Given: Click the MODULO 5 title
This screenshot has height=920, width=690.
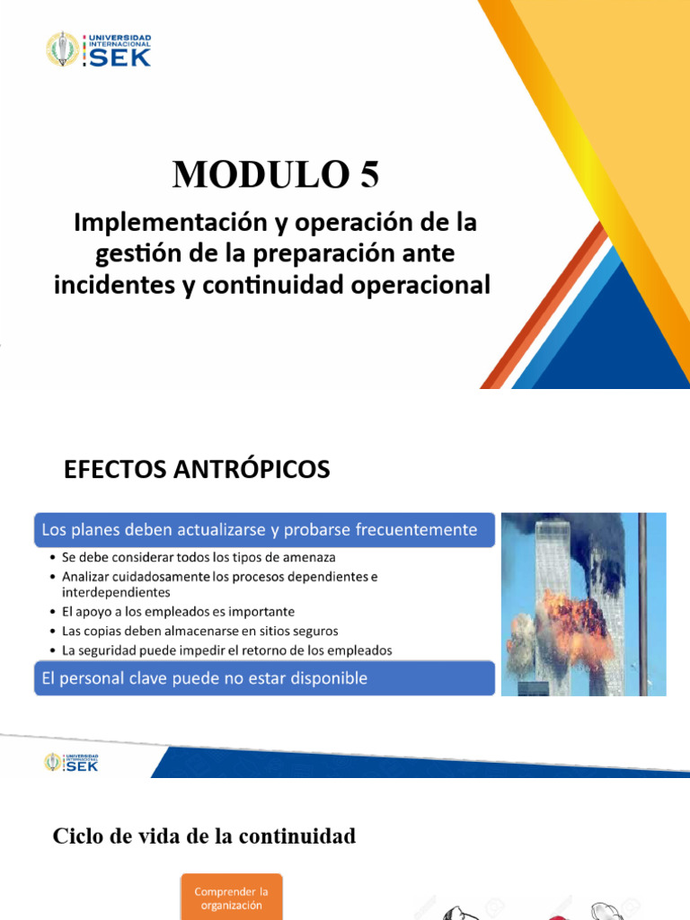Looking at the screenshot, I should click(x=276, y=174).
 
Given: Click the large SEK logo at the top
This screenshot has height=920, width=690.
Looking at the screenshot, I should click(x=99, y=50).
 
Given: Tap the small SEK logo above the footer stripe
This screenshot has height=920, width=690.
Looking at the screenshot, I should click(x=72, y=762).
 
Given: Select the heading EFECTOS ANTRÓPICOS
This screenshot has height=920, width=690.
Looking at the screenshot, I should click(x=197, y=469).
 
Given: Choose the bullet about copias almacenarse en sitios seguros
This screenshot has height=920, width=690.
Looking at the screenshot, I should click(x=199, y=631).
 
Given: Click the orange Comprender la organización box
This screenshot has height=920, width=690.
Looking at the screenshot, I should click(x=232, y=898).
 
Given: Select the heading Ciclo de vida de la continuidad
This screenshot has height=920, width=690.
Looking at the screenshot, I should click(x=204, y=836).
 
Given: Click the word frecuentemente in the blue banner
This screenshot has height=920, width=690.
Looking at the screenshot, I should click(x=421, y=530).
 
